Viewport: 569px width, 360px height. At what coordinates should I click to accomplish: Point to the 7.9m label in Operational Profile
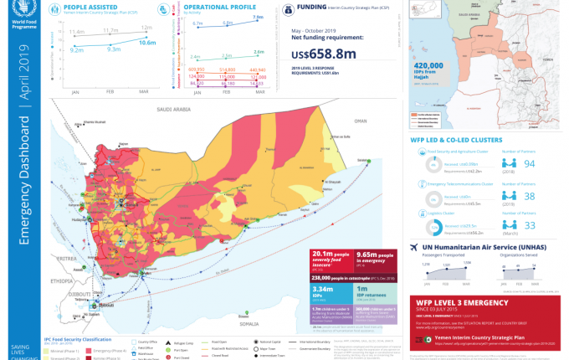[258, 18]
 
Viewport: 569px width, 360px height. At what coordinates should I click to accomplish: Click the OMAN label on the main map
[361, 121]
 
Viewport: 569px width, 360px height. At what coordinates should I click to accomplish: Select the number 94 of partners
[529, 163]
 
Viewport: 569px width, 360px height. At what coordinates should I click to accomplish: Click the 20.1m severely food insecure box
[328, 258]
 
